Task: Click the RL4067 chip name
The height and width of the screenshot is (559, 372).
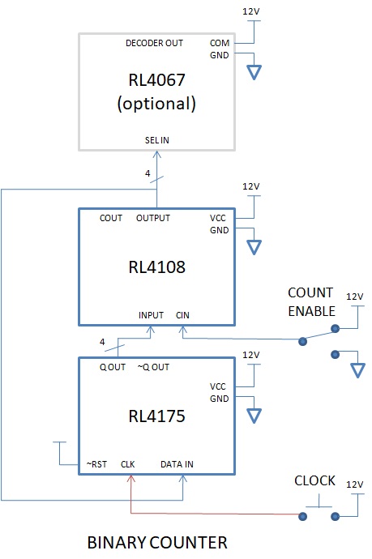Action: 156,80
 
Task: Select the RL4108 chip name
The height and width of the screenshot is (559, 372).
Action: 156,267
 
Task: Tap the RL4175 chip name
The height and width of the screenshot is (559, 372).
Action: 156,416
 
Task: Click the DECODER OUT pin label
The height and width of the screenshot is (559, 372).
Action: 154,43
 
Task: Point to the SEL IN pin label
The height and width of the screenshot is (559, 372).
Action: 157,140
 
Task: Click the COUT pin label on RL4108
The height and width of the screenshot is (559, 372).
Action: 110,218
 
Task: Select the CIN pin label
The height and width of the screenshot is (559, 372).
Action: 182,315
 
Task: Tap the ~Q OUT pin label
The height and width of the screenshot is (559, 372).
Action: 153,367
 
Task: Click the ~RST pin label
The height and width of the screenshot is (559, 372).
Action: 96,464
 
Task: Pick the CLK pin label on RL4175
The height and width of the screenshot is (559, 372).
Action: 128,464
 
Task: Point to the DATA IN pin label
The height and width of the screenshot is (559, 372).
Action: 177,464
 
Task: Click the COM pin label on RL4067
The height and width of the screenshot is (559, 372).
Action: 220,43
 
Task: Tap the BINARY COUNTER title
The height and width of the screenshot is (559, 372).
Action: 157,543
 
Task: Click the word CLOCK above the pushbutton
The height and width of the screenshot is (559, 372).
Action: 314,480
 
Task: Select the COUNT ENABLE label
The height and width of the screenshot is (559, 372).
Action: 311,301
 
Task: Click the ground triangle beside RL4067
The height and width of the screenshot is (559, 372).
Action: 254,72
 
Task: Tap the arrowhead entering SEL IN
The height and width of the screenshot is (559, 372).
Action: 157,154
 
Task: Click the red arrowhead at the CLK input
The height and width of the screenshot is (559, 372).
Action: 131,479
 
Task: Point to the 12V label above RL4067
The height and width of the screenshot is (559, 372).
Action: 251,11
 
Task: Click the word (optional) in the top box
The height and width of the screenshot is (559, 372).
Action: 156,104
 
